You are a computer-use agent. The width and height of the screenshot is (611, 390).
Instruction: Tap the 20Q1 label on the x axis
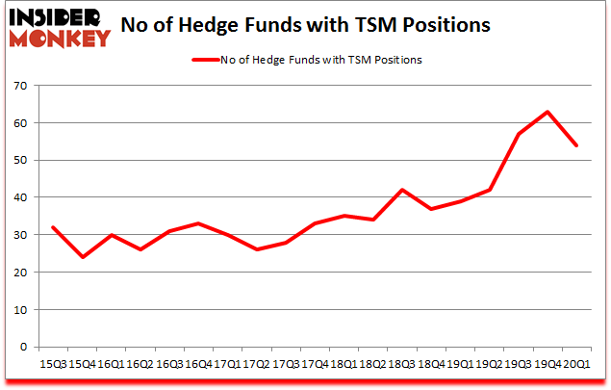point(575,364)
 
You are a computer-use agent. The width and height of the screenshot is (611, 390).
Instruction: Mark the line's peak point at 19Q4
point(547,113)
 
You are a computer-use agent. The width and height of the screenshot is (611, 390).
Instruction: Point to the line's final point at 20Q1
point(576,146)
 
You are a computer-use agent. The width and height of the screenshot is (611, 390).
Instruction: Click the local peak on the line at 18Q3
point(401,191)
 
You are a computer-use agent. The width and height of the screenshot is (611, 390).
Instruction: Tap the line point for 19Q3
point(518,135)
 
